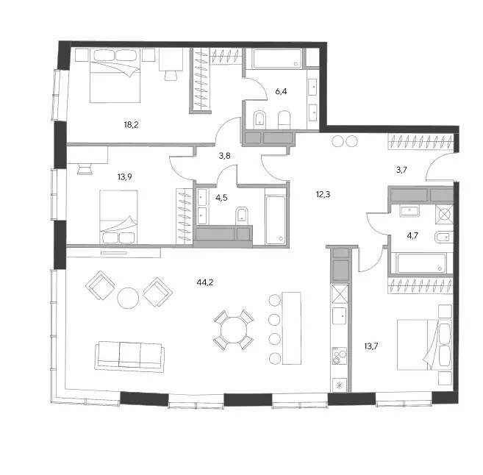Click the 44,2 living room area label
pos(205,282)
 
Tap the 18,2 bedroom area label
pos(131,125)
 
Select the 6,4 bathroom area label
pos(281,91)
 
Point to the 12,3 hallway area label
pos(323,194)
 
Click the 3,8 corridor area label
pos(224,156)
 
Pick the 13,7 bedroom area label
pos(371,346)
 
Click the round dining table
pos(234,329)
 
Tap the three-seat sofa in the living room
pos(129,355)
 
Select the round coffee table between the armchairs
pos(128,299)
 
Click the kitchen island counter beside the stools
pos(292,328)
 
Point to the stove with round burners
pos(339,356)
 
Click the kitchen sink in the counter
pos(339,315)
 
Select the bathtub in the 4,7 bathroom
pos(421,263)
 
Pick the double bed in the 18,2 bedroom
pos(115,75)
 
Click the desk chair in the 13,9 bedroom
pos(85,169)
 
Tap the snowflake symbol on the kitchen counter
pos(339,385)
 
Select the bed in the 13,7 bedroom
pos(424,344)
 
